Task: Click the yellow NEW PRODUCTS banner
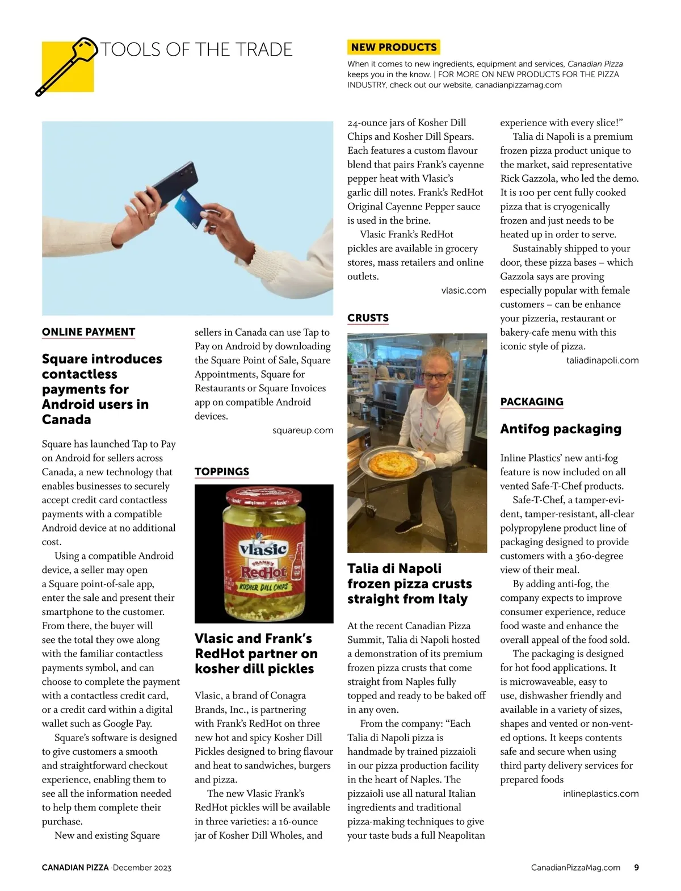pyautogui.click(x=393, y=47)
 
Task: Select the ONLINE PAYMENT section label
pyautogui.click(x=89, y=332)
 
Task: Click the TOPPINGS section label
pyautogui.click(x=222, y=472)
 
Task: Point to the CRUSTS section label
pyautogui.click(x=368, y=318)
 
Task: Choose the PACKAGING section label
pyautogui.click(x=532, y=402)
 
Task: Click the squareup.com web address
pyautogui.click(x=302, y=430)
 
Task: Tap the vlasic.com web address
pyautogui.click(x=463, y=291)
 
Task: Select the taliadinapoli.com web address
pyautogui.click(x=602, y=361)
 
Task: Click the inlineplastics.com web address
pyautogui.click(x=600, y=794)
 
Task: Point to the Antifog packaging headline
pyautogui.click(x=561, y=429)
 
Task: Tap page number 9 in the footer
pyautogui.click(x=637, y=868)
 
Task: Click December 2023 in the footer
pyautogui.click(x=142, y=868)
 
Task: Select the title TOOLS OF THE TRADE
pyautogui.click(x=196, y=50)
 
